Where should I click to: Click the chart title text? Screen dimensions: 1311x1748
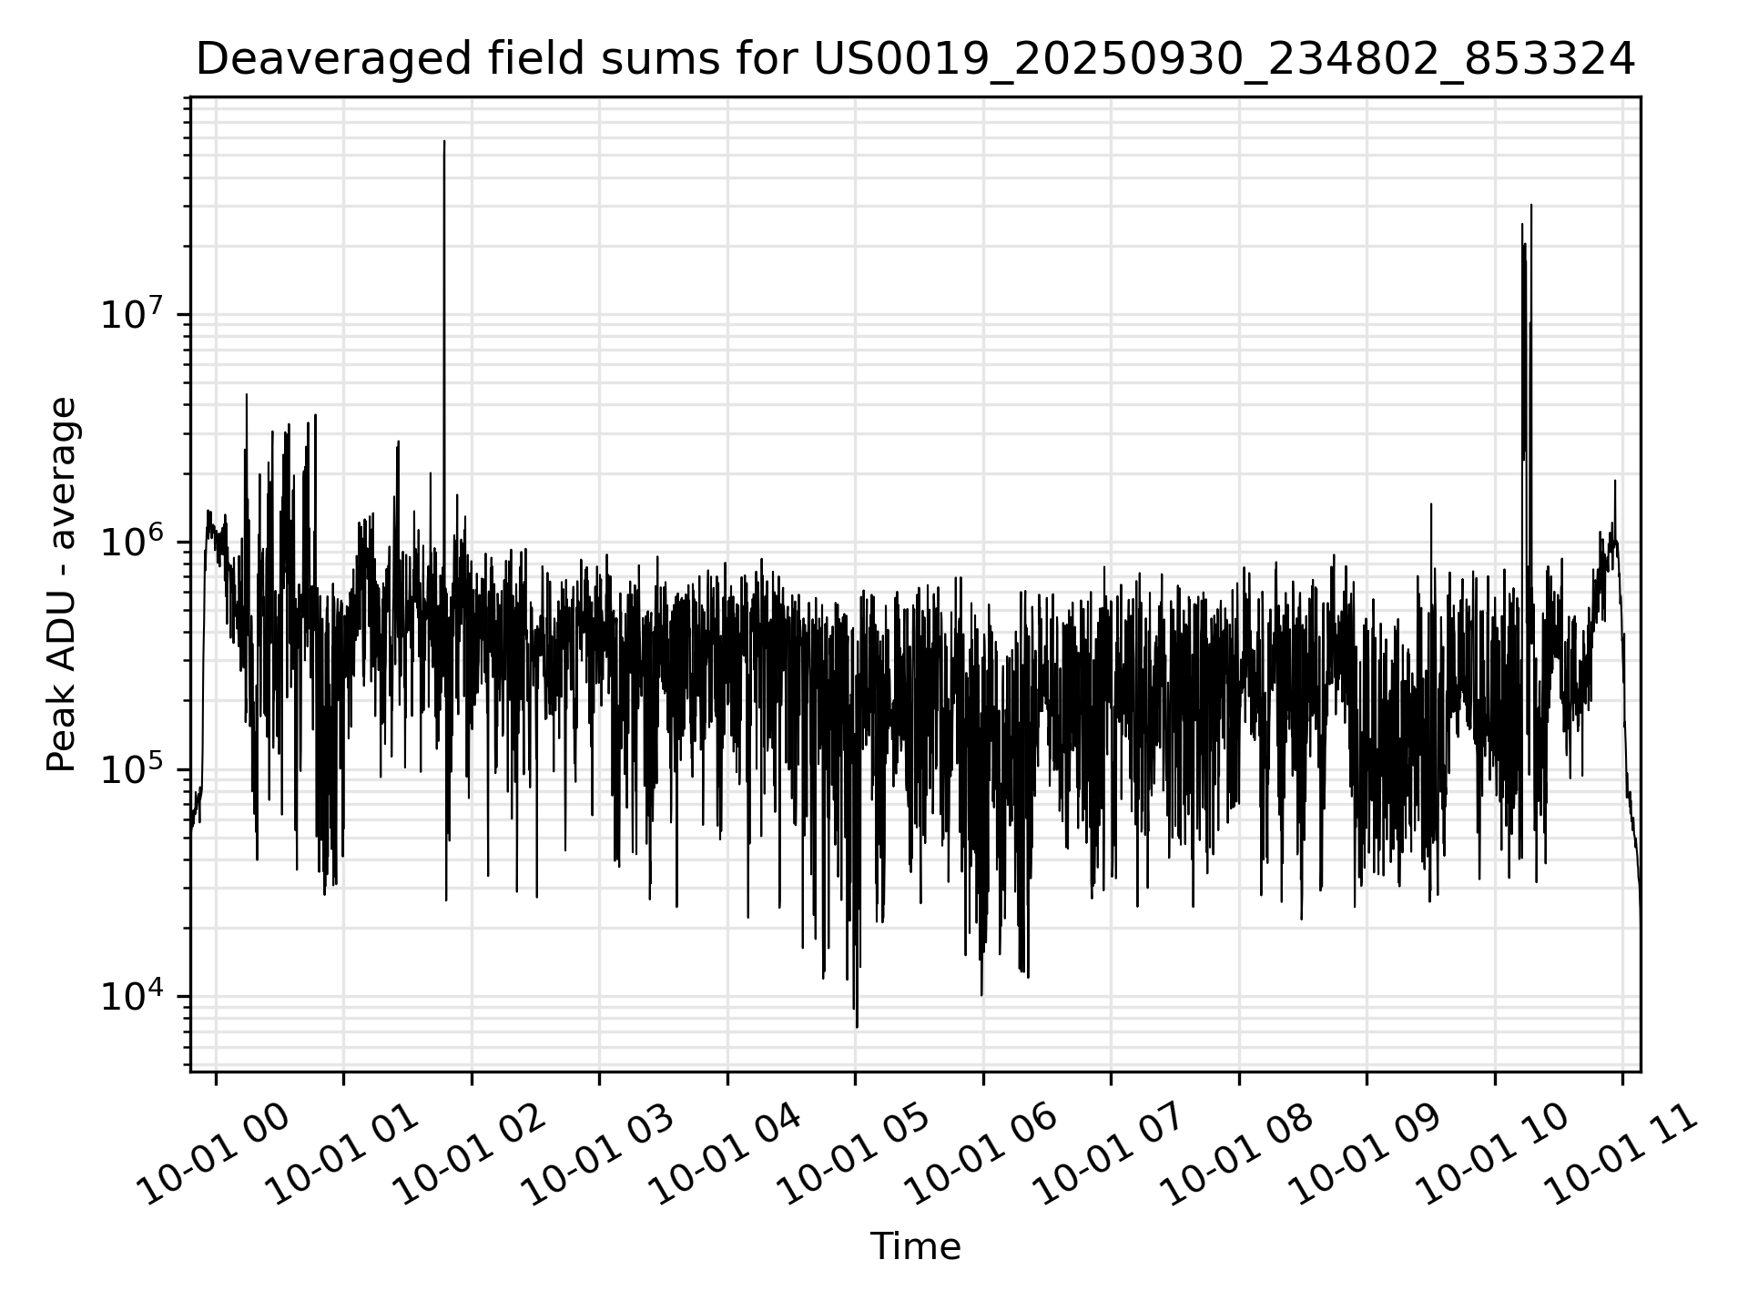point(915,60)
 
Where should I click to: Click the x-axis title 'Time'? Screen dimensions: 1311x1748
point(915,1246)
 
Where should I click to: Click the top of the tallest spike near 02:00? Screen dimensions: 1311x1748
point(444,142)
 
